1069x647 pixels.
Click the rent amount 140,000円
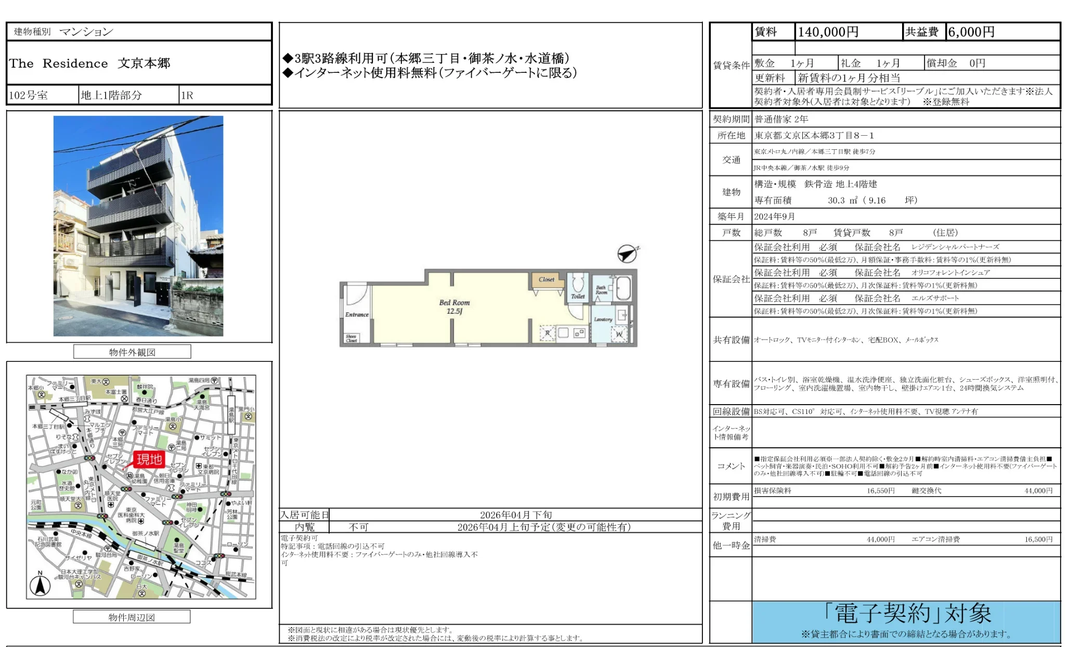pyautogui.click(x=828, y=32)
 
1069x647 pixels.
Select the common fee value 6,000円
pyautogui.click(x=971, y=32)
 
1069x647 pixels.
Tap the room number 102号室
pyautogui.click(x=29, y=95)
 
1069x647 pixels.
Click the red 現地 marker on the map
pyautogui.click(x=149, y=459)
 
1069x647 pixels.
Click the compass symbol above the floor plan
pyautogui.click(x=627, y=253)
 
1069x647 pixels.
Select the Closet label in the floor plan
pyautogui.click(x=546, y=280)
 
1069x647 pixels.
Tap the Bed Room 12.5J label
pyautogui.click(x=454, y=307)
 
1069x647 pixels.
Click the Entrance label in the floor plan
pyautogui.click(x=357, y=315)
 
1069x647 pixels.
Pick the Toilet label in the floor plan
pyautogui.click(x=578, y=296)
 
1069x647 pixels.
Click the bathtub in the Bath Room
pyautogui.click(x=623, y=288)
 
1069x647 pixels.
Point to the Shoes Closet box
pyautogui.click(x=351, y=338)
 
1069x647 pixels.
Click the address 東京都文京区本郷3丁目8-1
pyautogui.click(x=814, y=136)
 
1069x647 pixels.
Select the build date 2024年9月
pyautogui.click(x=775, y=217)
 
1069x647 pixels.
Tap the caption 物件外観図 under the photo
pyautogui.click(x=132, y=352)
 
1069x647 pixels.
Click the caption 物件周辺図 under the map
pyautogui.click(x=132, y=617)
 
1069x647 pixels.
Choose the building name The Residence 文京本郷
pyautogui.click(x=89, y=63)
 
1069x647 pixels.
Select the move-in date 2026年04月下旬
pyautogui.click(x=516, y=515)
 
